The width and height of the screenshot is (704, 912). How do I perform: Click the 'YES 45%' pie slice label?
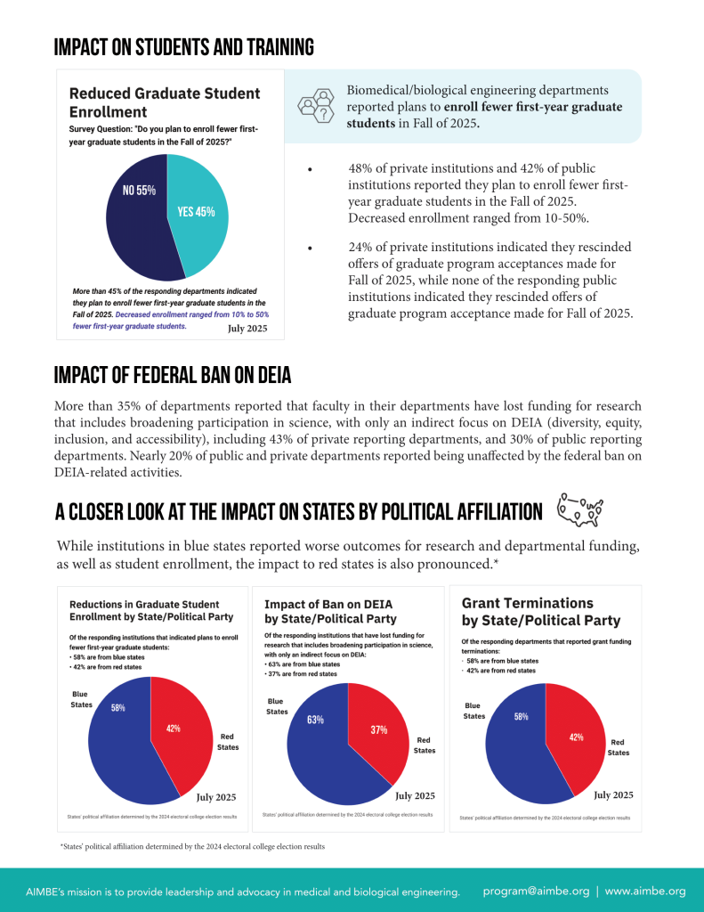196,212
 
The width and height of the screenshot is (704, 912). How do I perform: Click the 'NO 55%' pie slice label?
139,190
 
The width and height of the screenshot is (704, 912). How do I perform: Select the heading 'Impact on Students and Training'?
183,47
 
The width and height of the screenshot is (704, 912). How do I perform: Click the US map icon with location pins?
579,509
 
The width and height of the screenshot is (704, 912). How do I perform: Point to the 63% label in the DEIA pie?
315,720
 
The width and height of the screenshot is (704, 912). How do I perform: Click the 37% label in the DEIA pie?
378,729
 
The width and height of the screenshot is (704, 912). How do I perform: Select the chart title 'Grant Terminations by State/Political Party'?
541,612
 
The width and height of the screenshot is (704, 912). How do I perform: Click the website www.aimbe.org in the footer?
645,891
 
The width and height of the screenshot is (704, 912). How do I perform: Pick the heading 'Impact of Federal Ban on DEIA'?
172,375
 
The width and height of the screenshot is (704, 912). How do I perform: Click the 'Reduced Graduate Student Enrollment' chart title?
165,102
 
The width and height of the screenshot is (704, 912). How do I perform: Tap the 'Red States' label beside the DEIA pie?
425,745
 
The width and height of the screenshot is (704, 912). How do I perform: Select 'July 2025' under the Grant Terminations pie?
613,794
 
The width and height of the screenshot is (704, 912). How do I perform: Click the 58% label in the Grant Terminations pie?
522,716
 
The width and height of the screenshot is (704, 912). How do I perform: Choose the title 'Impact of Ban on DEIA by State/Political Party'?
331,611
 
